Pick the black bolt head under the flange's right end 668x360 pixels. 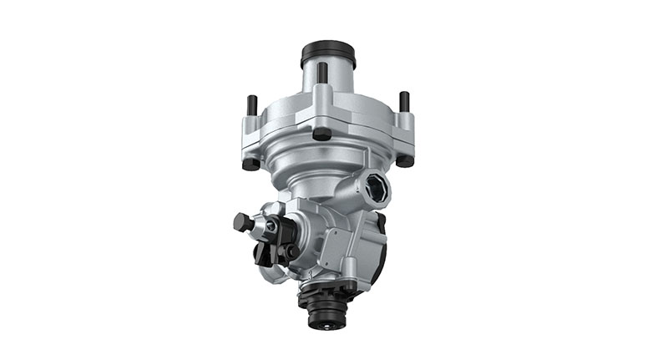pos(406,160)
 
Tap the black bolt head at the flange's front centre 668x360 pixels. pos(321,133)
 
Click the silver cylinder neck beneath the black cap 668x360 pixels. pos(328,81)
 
